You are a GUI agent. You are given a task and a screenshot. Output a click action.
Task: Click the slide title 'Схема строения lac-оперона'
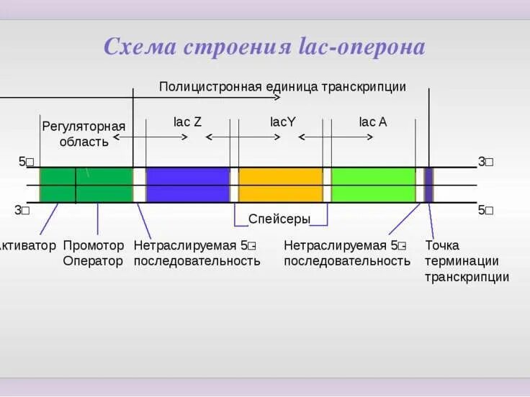click(264, 47)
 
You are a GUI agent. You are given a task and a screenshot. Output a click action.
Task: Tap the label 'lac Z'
click(187, 122)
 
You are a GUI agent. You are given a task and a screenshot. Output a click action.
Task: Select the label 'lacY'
click(283, 122)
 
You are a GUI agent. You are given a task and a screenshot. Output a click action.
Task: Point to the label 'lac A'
click(373, 122)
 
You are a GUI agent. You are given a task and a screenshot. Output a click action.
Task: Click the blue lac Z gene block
click(188, 185)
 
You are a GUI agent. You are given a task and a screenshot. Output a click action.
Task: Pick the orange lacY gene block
click(280, 185)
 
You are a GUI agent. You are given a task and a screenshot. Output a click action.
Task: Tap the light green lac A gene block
click(373, 185)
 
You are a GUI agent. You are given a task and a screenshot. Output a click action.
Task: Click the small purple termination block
click(428, 185)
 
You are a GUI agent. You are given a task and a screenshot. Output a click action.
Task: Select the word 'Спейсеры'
click(279, 219)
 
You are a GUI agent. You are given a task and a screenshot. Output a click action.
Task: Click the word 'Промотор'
click(94, 245)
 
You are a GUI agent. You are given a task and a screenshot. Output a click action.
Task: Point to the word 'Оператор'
click(94, 261)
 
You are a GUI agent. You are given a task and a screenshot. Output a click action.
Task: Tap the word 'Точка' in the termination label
click(442, 245)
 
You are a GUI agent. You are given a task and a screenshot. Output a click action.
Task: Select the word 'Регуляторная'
click(84, 127)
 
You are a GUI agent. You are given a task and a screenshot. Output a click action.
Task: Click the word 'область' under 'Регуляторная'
click(84, 142)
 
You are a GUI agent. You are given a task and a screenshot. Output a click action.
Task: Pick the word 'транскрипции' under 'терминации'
click(467, 277)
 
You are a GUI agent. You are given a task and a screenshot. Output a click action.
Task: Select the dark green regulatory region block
click(86, 185)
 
